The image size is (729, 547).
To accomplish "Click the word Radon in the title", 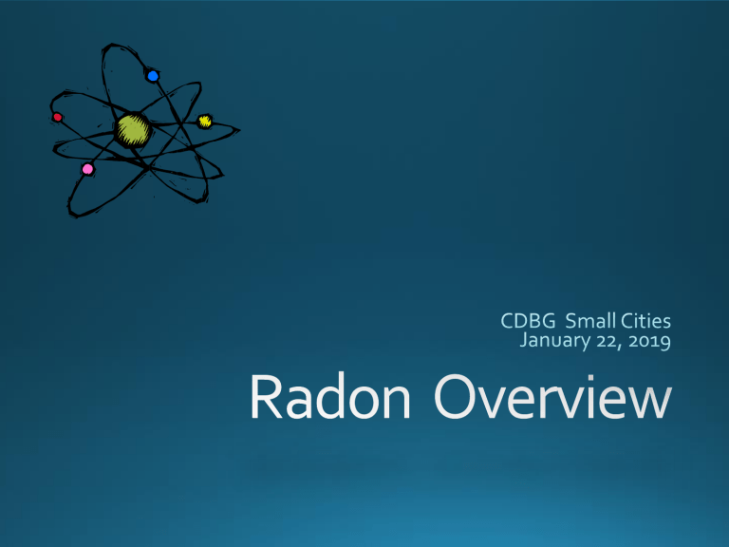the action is click(330, 396).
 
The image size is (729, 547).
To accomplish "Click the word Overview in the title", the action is click(552, 397).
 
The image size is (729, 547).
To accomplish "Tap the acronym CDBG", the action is click(528, 321).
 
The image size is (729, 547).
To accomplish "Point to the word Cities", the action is click(645, 320).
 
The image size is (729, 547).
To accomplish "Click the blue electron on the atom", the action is click(153, 75).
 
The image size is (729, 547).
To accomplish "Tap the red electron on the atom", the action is click(58, 117).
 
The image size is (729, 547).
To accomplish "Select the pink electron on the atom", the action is click(87, 169).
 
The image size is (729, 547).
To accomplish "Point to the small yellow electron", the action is click(205, 122).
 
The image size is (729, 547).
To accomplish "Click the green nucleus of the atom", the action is click(133, 130).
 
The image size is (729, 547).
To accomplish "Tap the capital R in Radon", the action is click(267, 396).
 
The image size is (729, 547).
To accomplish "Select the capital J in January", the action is click(523, 341).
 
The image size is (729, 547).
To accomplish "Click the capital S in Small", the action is click(570, 321).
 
